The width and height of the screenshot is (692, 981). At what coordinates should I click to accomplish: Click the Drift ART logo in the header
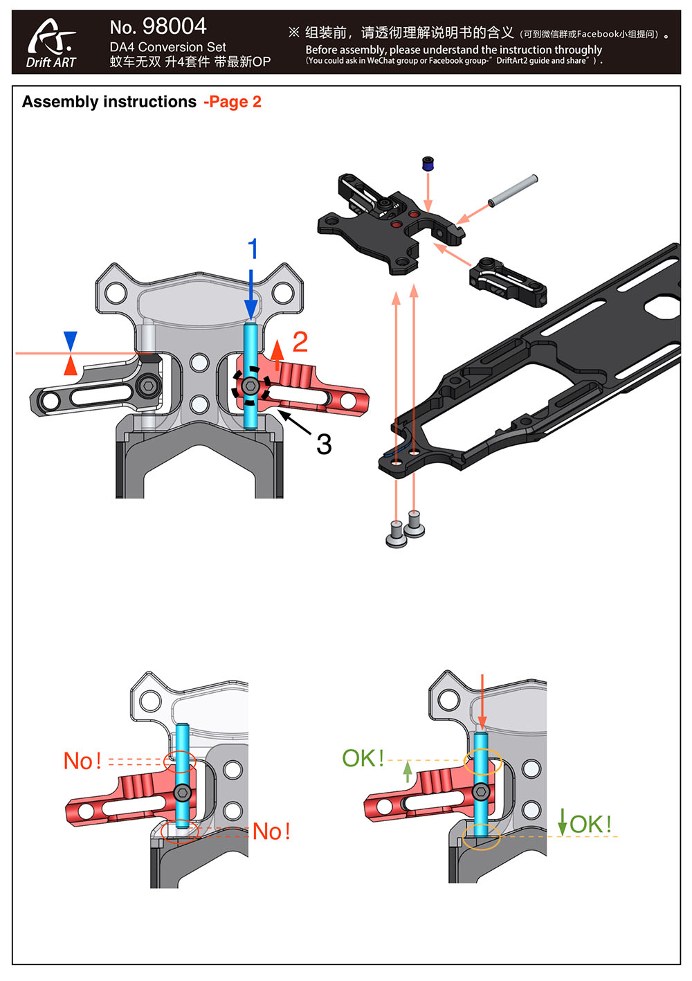tap(51, 43)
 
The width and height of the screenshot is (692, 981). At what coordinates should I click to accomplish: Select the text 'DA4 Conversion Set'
tap(167, 47)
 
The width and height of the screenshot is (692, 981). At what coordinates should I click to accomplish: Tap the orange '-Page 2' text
tap(233, 102)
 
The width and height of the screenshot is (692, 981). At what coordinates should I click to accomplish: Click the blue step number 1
tap(253, 249)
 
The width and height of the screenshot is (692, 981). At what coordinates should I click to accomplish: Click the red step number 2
tap(300, 341)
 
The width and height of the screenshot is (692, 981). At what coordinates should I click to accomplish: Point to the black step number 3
tap(324, 444)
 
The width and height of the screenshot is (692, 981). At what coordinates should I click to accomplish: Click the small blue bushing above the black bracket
tap(428, 163)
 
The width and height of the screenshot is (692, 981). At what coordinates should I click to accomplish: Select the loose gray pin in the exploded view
tap(513, 190)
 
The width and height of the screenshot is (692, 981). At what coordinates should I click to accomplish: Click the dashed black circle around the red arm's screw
tap(251, 386)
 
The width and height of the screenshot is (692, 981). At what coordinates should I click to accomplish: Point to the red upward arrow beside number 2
tap(277, 354)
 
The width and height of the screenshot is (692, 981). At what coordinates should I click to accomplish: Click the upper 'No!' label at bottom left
tap(82, 761)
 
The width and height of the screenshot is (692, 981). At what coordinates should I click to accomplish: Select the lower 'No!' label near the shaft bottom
tap(271, 831)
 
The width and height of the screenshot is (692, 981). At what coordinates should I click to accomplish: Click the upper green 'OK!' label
tap(363, 758)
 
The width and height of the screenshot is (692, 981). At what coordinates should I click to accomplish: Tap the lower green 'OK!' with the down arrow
tap(590, 824)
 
